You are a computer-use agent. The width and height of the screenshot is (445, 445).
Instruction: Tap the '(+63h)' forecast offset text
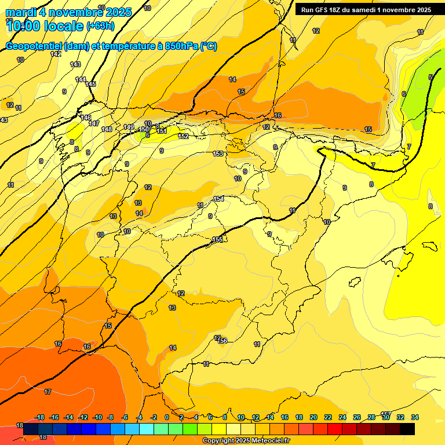100,25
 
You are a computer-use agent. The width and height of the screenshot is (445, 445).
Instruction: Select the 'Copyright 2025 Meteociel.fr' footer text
246,441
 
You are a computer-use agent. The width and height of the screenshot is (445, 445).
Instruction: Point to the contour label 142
56,54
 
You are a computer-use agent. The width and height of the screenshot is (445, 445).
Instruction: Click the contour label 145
90,84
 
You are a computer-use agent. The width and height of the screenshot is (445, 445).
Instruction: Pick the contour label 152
183,136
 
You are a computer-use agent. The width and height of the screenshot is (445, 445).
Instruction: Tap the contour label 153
218,154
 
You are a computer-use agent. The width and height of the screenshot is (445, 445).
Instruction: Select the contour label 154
218,199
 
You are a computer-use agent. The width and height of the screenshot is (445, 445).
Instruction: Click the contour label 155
217,239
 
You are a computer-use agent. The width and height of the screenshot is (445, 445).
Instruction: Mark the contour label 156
222,341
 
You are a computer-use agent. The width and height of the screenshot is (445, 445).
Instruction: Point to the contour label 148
107,129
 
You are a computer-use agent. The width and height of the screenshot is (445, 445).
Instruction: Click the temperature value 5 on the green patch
431,77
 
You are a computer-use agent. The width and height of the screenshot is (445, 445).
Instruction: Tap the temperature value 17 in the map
48,392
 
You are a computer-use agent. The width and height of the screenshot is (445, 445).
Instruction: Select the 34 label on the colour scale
415,417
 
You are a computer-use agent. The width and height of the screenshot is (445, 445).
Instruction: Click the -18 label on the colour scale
40,417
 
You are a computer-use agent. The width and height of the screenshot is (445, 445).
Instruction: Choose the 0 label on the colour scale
167,417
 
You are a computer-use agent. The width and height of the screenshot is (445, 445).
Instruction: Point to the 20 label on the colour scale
313,417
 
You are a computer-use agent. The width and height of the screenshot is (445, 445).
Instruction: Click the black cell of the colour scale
407,429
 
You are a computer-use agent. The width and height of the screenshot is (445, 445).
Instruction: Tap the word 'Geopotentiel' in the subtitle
34,46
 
